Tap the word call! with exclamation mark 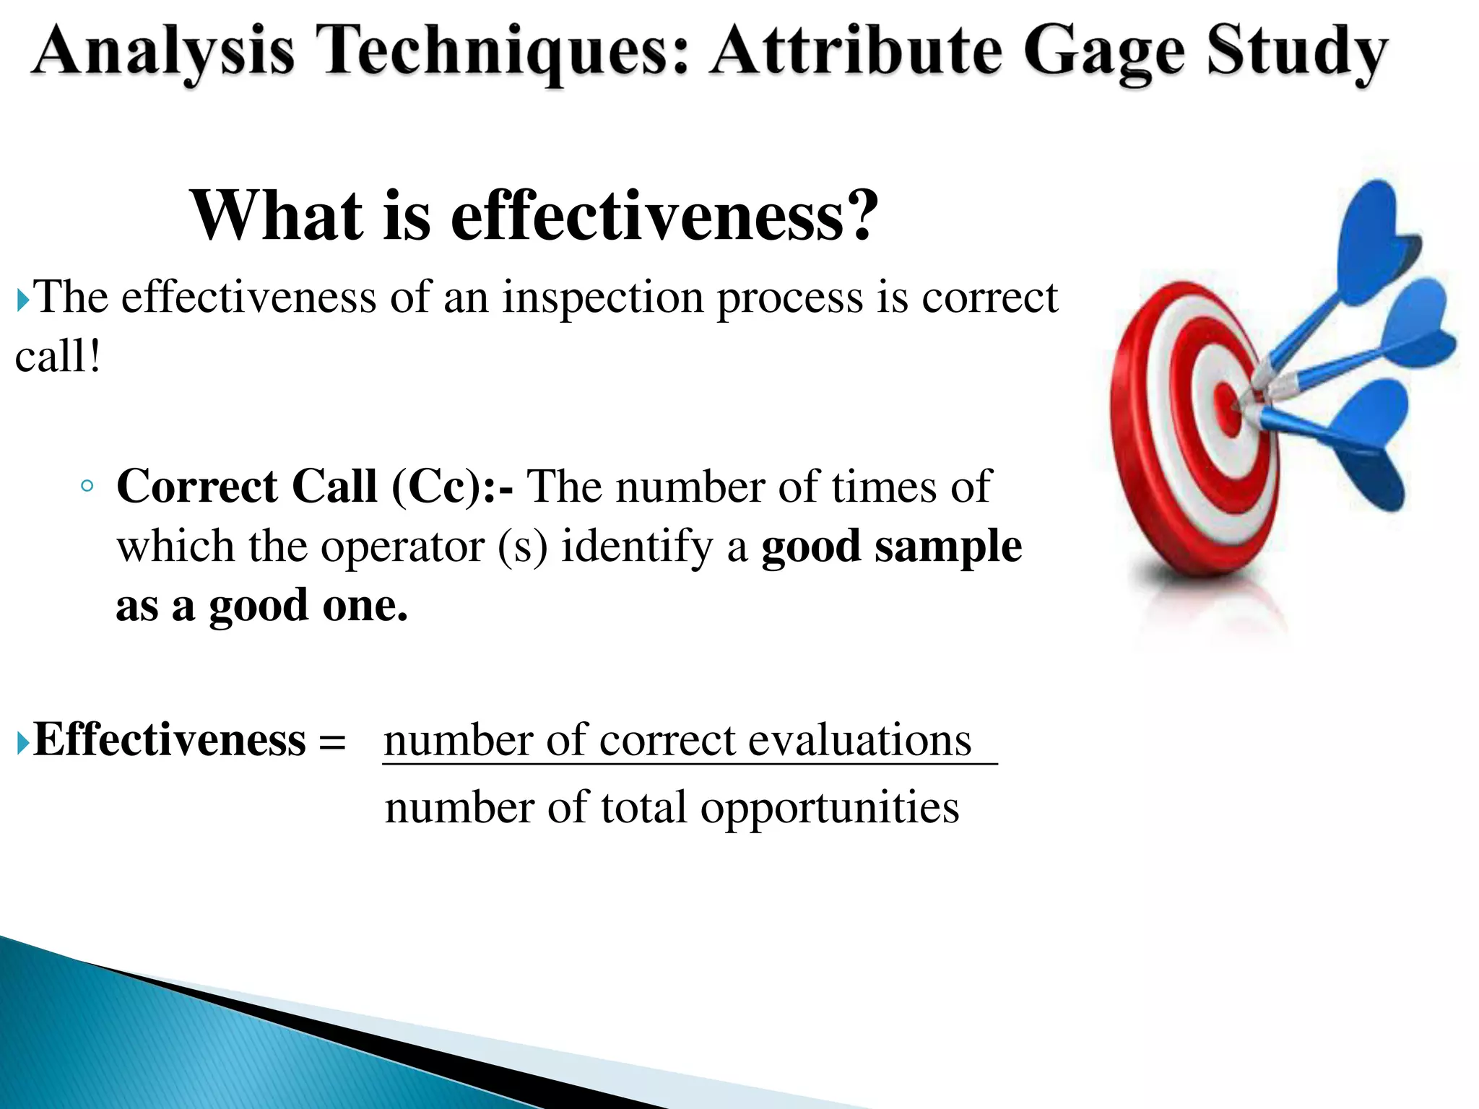58,357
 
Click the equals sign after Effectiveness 332,741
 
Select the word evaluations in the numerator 859,741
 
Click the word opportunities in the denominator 830,807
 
